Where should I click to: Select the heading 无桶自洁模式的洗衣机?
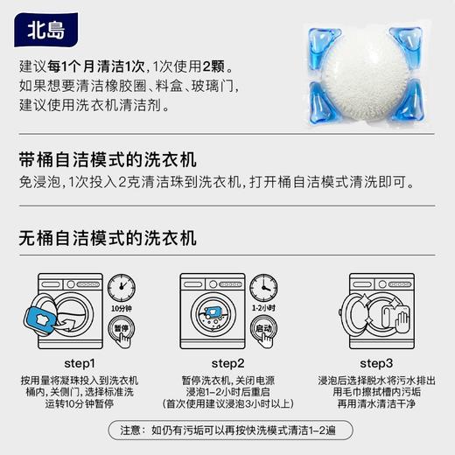[x=108, y=238]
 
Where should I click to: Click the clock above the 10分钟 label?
[x=122, y=286]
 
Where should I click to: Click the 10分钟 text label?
[x=122, y=308]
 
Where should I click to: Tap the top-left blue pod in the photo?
[x=319, y=41]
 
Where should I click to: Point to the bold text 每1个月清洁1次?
[x=101, y=68]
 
